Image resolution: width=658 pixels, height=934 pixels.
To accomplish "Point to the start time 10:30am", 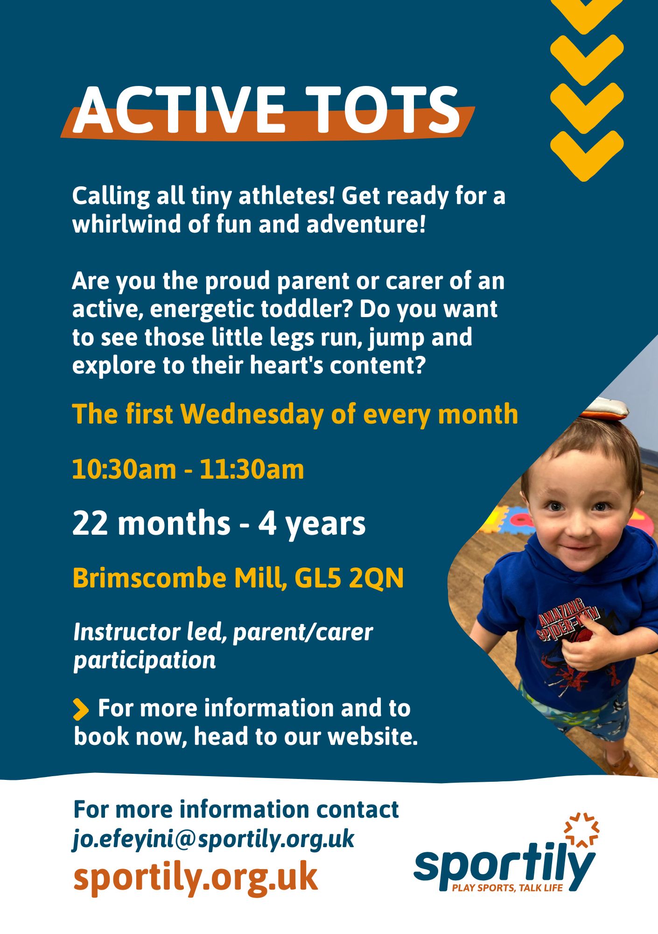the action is (x=124, y=469).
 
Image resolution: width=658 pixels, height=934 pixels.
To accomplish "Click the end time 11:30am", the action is (x=252, y=469).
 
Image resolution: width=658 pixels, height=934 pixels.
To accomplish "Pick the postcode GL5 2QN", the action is (x=349, y=578).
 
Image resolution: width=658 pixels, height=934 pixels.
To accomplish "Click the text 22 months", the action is (x=151, y=524).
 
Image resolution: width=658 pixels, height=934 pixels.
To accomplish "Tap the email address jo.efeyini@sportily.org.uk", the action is (x=214, y=840).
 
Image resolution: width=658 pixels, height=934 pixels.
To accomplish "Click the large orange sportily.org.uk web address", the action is (x=196, y=877).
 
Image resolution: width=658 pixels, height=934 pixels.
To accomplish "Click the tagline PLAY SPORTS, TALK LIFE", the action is (x=508, y=888).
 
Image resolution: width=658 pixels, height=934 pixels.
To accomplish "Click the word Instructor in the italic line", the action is (x=127, y=632).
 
